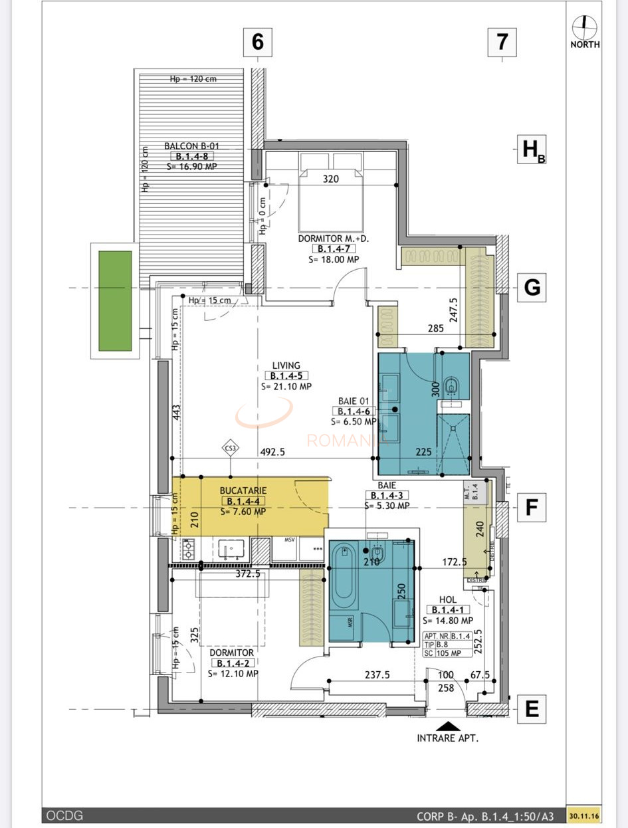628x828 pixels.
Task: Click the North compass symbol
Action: tap(584, 27)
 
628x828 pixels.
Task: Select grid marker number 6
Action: tap(258, 42)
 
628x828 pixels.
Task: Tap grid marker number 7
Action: tap(502, 42)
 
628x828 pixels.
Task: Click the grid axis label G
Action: tap(532, 287)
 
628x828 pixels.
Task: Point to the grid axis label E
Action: tap(532, 709)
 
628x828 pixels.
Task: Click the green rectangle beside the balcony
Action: tap(115, 300)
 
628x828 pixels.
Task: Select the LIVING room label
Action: tap(286, 365)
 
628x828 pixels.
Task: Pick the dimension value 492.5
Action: tap(272, 452)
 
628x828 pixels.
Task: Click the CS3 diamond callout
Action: tap(231, 449)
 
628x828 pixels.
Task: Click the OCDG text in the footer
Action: tap(64, 815)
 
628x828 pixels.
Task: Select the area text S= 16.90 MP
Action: tap(191, 167)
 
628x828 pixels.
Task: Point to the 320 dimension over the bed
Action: tap(331, 179)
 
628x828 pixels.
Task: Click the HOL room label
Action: tap(448, 599)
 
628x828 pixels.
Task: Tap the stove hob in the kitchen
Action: tap(188, 549)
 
